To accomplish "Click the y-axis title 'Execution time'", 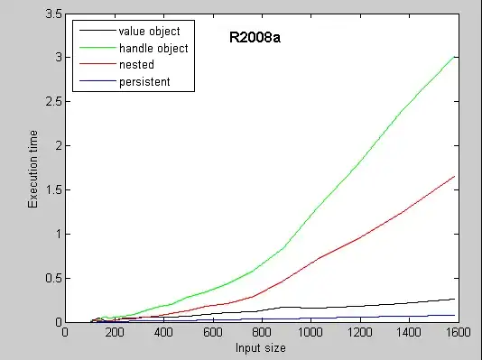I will point(32,170).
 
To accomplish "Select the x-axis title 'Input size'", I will point(262,348).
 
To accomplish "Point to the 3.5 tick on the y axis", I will point(52,14).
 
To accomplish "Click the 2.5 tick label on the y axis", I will point(52,102).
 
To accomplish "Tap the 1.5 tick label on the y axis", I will point(52,189).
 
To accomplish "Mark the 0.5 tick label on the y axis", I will point(52,278).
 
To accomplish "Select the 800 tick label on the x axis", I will point(262,333).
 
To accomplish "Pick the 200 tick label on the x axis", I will point(115,333).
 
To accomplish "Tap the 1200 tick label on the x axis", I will point(360,333).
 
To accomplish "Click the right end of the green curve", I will point(454,56).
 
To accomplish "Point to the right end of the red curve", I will point(454,176).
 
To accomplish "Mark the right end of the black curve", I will point(454,299).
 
